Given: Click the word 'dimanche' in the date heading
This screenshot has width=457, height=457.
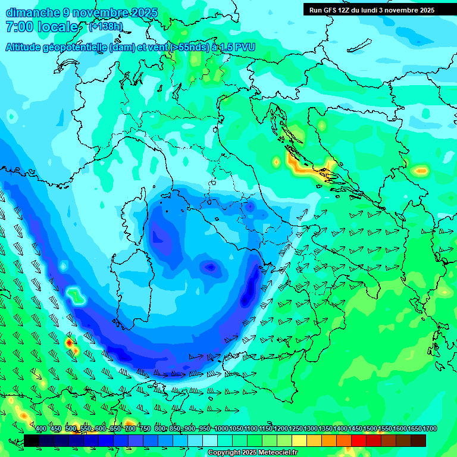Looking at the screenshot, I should point(32,12).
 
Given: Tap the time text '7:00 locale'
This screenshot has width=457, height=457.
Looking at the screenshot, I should point(42,27).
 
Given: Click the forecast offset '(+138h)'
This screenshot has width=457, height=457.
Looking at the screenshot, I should point(107,27).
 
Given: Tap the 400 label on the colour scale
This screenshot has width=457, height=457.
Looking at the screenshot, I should point(41,429).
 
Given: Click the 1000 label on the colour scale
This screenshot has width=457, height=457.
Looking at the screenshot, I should point(221,429).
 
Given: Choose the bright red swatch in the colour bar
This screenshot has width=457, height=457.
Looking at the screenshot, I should point(358,440).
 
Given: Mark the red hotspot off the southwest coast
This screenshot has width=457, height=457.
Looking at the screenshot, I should point(70,343).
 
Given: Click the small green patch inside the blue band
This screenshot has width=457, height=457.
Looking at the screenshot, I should point(74,294).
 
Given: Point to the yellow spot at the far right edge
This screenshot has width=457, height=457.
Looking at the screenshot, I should point(421,171).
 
